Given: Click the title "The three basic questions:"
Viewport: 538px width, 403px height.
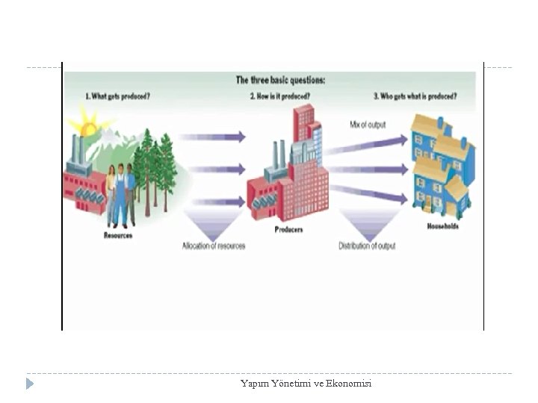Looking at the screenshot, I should (x=280, y=80).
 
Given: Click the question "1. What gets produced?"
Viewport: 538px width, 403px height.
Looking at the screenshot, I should (x=117, y=96).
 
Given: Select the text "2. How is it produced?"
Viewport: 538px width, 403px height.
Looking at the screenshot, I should (x=280, y=96).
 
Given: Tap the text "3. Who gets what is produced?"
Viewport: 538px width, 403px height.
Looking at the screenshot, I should (x=415, y=96).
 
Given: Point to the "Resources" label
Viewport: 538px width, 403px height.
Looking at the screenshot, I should (x=118, y=236).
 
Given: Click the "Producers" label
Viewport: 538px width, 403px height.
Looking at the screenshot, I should (x=288, y=230).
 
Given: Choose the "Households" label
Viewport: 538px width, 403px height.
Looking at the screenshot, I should (x=442, y=226).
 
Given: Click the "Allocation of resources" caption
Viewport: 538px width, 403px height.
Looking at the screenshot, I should (x=214, y=246).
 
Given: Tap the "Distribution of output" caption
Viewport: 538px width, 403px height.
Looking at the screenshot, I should (x=367, y=246).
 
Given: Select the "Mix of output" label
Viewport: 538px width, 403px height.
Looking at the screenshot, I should (x=368, y=125).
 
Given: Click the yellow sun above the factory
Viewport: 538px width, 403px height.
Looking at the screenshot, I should (x=88, y=127).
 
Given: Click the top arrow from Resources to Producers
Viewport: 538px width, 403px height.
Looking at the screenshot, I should (x=212, y=137).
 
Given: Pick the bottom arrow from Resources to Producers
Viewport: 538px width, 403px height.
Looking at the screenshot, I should (x=212, y=200).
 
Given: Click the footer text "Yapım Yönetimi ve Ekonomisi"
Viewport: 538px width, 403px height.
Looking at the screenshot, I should (x=306, y=384).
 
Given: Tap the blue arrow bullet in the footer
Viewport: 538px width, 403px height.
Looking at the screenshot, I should (x=29, y=384).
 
